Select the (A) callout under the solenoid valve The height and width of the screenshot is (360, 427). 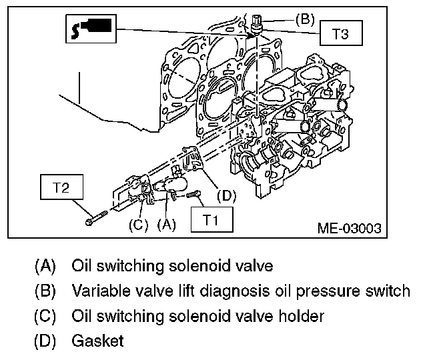click(166, 225)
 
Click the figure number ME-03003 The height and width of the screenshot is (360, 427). click(350, 228)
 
